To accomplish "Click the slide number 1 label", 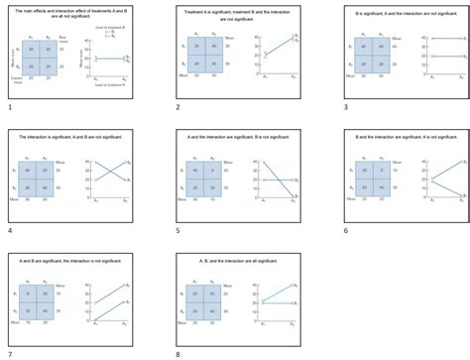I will pos(9,106).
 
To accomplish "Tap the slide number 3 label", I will pos(345,106).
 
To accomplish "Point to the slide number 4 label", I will pos(9,230).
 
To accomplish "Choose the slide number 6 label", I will pos(345,230).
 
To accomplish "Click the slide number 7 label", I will pos(9,353).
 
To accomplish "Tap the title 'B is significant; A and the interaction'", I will pos(407,12).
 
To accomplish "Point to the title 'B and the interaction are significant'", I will pos(407,136).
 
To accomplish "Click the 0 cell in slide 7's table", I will pos(32,296).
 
